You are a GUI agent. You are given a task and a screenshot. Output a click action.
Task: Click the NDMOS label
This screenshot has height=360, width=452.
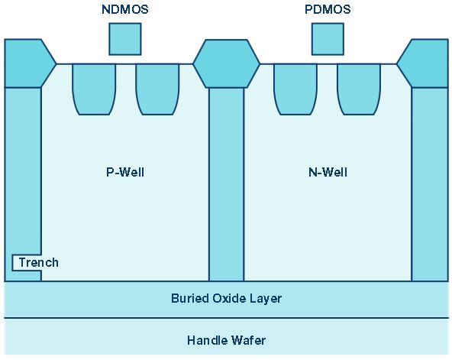125,9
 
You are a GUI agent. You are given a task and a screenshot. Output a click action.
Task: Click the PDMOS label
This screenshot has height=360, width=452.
328,9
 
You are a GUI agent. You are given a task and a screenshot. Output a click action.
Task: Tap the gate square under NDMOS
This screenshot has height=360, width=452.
125,39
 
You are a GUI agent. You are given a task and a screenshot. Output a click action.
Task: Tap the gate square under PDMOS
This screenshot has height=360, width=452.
328,39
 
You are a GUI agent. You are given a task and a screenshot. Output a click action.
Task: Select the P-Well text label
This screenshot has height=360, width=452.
125,172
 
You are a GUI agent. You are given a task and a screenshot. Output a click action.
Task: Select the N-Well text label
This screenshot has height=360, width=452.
328,172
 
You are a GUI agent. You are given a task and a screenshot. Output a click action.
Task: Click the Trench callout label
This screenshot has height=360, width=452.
39,262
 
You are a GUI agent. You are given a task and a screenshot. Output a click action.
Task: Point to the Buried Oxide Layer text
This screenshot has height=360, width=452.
226,298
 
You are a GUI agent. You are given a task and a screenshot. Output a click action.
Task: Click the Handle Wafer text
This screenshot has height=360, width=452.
226,340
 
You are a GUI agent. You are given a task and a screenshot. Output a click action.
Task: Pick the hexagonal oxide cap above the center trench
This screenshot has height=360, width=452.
226,63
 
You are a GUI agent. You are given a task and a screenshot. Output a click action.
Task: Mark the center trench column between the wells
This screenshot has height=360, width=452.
226,184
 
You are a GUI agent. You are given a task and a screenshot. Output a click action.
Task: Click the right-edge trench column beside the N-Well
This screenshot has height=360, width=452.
430,184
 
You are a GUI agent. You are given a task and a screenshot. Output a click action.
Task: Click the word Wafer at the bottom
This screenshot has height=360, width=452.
248,340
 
